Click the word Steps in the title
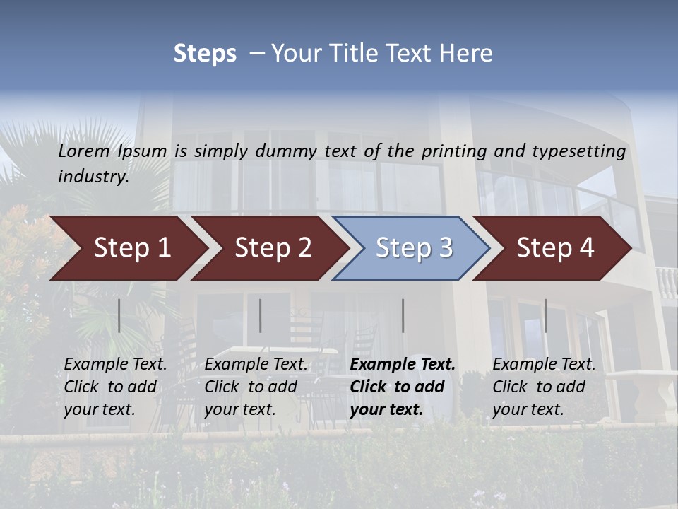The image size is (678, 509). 205,54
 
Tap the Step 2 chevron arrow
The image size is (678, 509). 273,248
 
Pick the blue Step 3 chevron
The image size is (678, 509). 414,248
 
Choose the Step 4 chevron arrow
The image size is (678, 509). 555,248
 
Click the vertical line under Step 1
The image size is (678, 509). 119,315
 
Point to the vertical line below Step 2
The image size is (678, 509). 261,315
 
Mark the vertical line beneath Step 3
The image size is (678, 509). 403,315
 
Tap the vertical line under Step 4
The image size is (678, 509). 545,315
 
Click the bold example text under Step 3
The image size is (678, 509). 403,387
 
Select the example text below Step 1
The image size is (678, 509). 115,387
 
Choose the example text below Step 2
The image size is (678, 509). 256,387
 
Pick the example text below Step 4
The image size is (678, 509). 544,387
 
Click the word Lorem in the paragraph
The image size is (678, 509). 84,151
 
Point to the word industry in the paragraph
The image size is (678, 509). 93,177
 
